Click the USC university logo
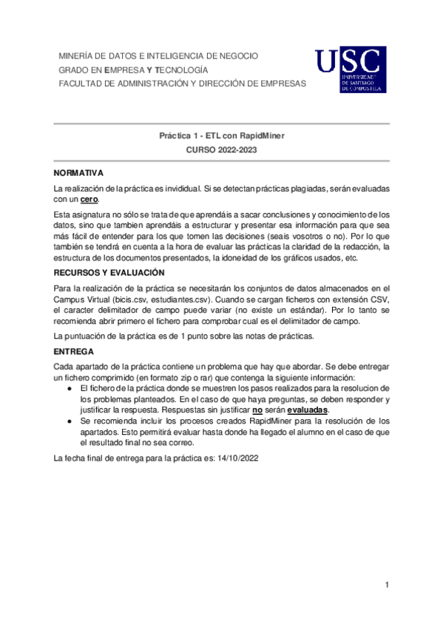[351, 70]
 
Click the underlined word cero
[89, 200]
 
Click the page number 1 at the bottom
[386, 586]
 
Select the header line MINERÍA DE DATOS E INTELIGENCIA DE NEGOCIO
[158, 56]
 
